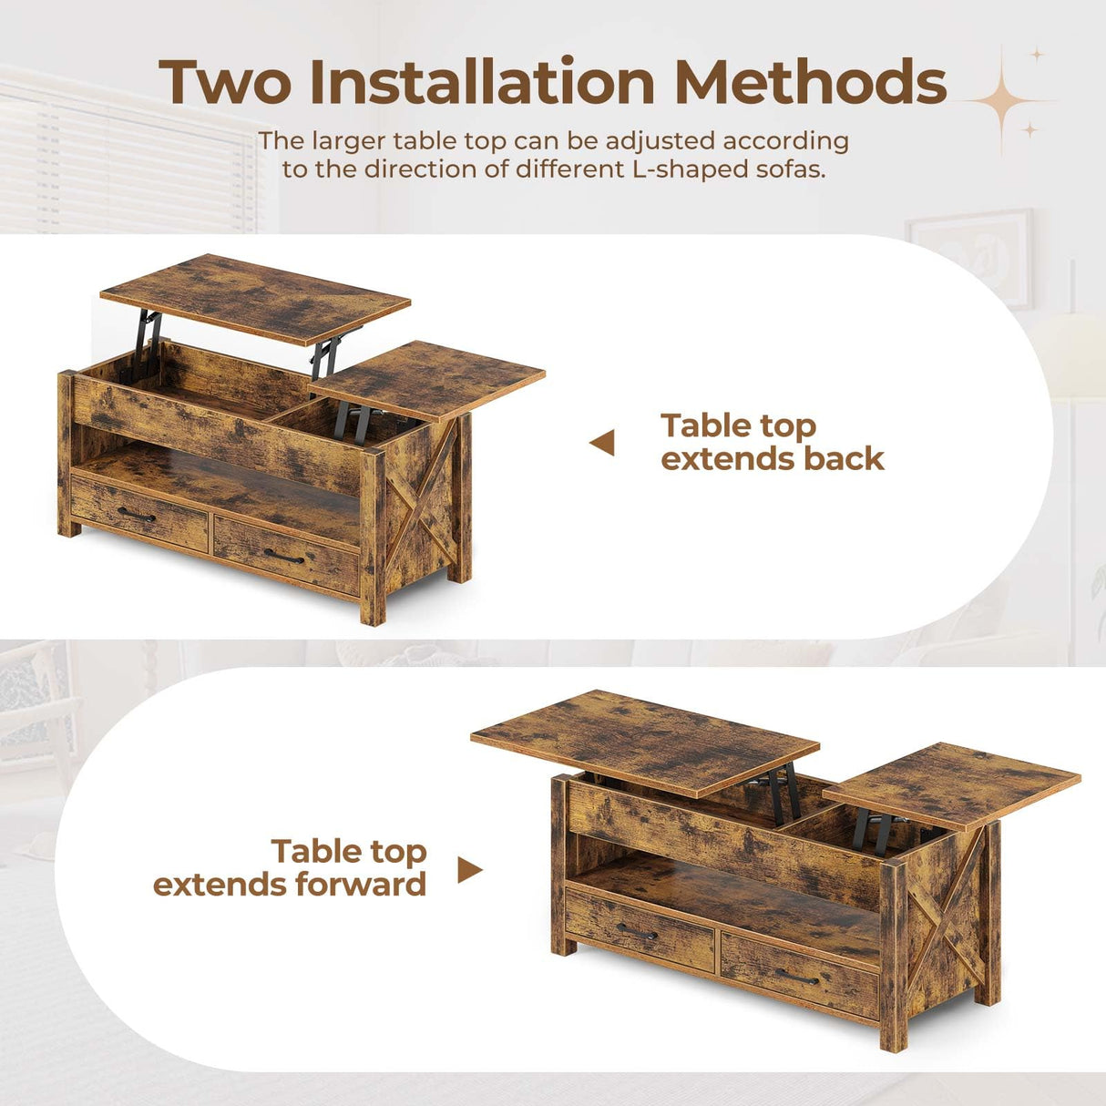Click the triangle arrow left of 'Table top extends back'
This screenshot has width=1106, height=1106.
(x=602, y=444)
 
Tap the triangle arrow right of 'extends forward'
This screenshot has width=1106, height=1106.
(x=469, y=870)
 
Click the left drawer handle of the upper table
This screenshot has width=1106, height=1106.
(x=136, y=516)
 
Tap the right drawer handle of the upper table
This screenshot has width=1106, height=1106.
(x=284, y=556)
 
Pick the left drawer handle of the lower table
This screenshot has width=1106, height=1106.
(x=636, y=931)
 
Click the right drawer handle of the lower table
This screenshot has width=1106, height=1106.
(x=797, y=977)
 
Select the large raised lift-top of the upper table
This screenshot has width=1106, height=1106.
(x=255, y=298)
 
